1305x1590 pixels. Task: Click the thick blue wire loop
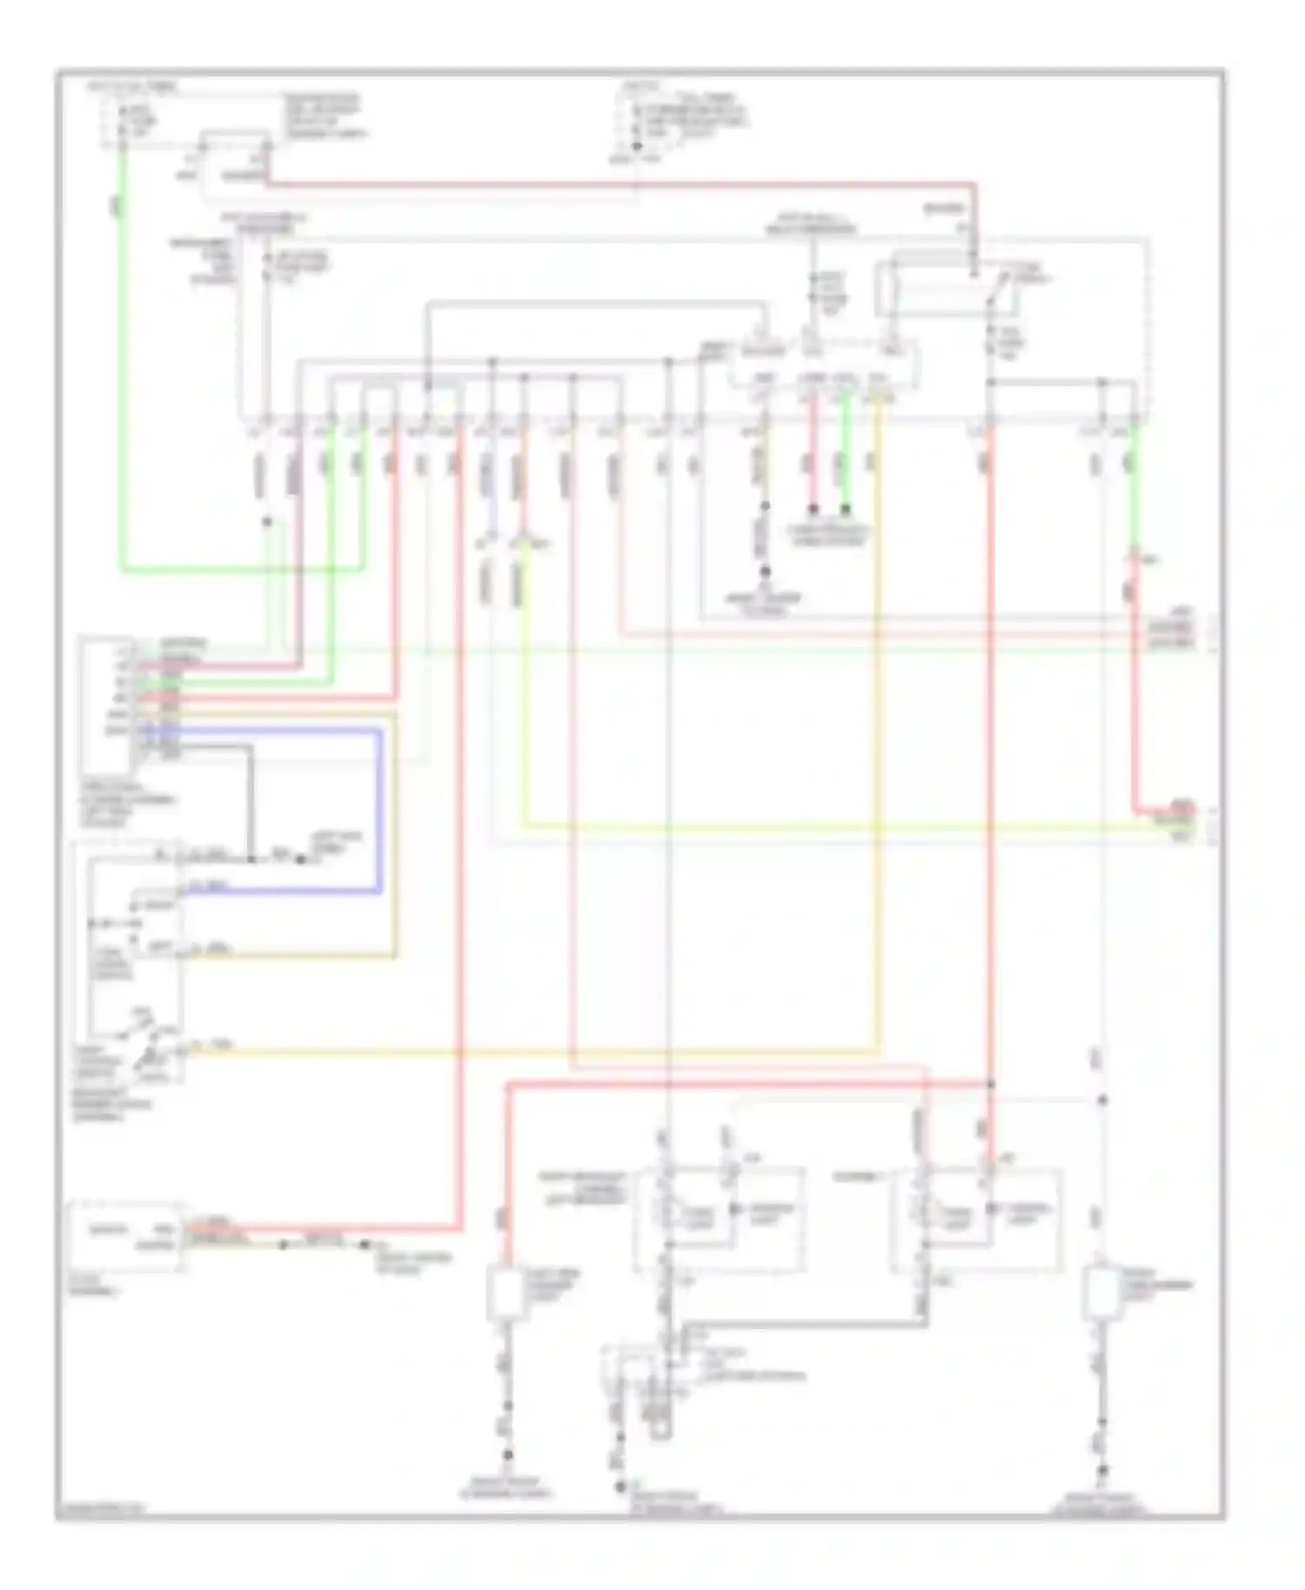click(x=380, y=809)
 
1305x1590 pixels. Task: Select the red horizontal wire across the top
click(x=609, y=184)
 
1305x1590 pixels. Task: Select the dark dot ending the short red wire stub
click(x=813, y=508)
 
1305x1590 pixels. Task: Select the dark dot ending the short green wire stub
click(x=845, y=508)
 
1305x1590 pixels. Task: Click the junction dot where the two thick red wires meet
click(x=991, y=1084)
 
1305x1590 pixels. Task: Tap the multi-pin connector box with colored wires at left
click(x=106, y=705)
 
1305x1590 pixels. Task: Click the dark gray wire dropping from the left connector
click(x=251, y=800)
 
